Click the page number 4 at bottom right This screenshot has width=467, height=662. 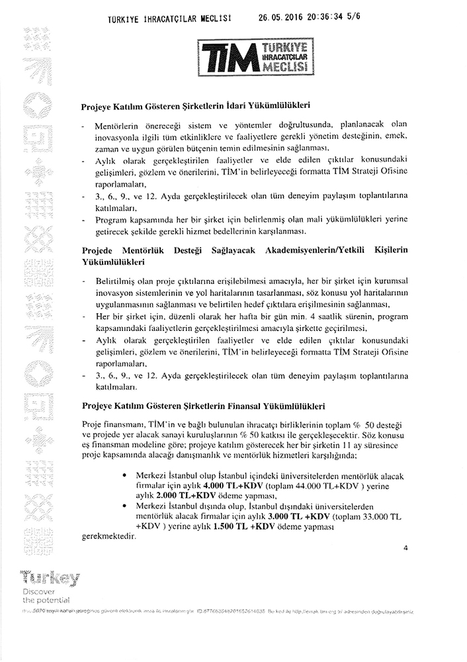click(x=405, y=547)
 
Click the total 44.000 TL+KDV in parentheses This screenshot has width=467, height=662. click(x=294, y=486)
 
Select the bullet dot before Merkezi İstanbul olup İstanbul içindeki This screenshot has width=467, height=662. click(x=126, y=476)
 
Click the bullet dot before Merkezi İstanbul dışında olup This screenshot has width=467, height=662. click(x=126, y=504)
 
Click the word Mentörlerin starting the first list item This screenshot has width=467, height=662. click(x=118, y=126)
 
